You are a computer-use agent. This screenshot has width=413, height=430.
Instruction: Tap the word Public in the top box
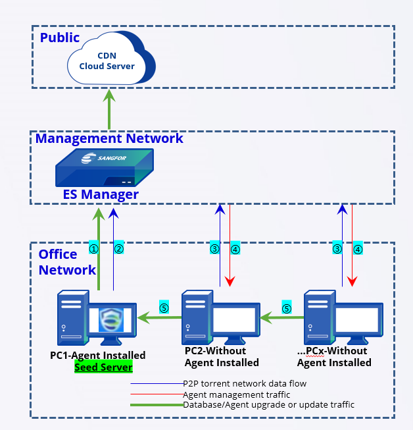tap(60, 37)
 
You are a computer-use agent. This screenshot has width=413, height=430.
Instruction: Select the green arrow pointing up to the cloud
tap(110, 109)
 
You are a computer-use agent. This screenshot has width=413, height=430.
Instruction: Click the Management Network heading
tap(109, 139)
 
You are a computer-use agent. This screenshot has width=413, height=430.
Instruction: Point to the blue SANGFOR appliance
tap(104, 167)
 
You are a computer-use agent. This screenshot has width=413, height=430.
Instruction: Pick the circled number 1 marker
tap(93, 249)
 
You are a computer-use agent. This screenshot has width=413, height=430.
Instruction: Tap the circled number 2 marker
tap(119, 249)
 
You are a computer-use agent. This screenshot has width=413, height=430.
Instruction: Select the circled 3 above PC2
tap(214, 249)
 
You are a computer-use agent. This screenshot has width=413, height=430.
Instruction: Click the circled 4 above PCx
tap(358, 249)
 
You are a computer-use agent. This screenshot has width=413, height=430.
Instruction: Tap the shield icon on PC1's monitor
tap(111, 319)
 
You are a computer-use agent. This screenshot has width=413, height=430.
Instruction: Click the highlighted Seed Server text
tap(103, 367)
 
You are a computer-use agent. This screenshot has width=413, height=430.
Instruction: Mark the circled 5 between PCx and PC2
tap(287, 307)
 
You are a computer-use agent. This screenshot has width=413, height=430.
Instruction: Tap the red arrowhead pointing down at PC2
tap(230, 282)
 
